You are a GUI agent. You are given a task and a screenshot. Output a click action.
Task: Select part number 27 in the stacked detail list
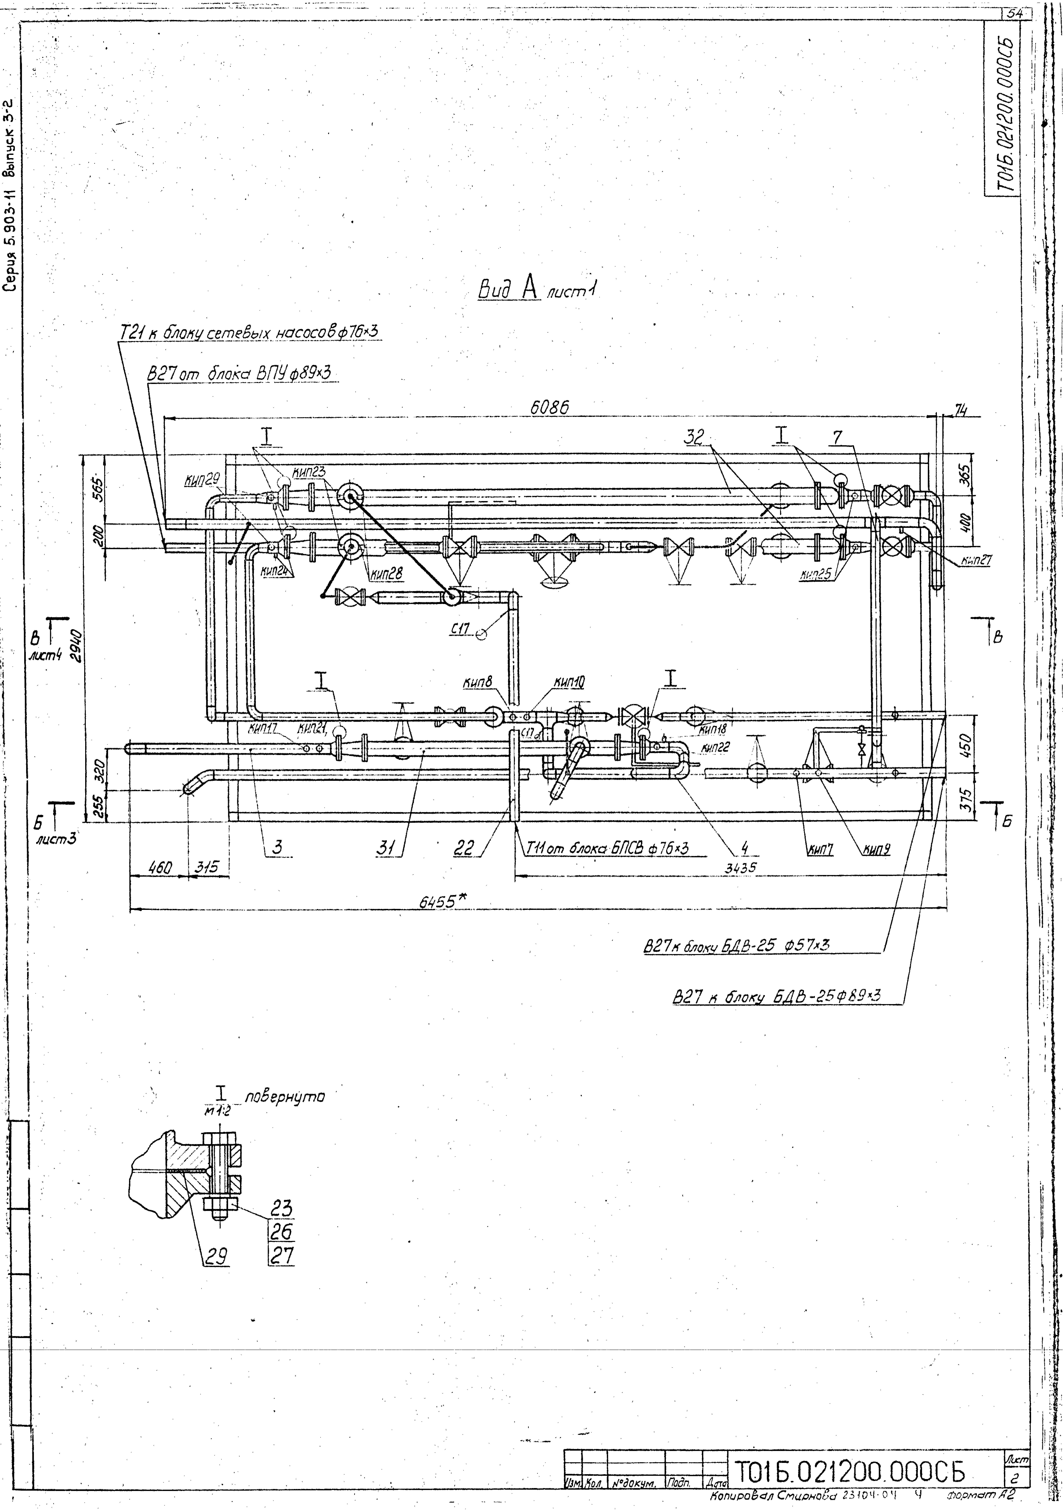[281, 1256]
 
